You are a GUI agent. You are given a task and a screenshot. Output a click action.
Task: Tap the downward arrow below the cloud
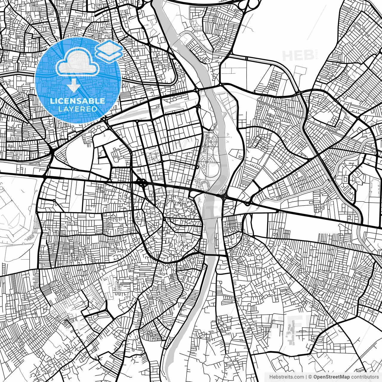point(72,87)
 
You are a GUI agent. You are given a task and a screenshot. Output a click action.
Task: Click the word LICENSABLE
point(78,101)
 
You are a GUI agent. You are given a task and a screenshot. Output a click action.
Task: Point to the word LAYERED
point(78,109)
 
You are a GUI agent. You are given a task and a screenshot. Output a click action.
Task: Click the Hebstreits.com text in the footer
point(286,377)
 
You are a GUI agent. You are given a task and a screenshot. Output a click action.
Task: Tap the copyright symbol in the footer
point(310,377)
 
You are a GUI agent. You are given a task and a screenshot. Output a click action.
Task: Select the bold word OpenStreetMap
point(331,377)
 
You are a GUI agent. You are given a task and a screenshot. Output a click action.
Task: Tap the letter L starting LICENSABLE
point(52,101)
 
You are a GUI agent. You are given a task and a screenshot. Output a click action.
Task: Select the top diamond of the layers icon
point(109,46)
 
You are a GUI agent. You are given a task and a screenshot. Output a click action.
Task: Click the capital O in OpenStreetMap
point(315,377)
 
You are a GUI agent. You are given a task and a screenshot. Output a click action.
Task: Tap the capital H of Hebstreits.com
point(271,377)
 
